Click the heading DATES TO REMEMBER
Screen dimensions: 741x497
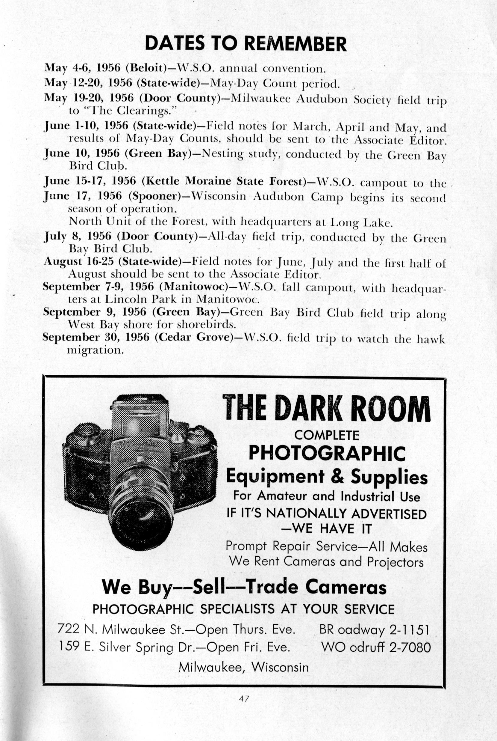point(245,44)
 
